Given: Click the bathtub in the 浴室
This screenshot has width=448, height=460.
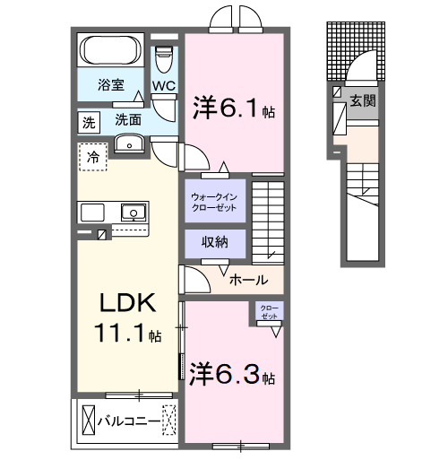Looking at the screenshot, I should coord(112,51).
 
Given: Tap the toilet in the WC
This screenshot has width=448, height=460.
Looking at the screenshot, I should coord(162,60).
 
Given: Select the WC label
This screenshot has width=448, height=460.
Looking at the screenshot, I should coord(163,86).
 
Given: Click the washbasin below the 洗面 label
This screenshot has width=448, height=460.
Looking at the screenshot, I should coord(132,143).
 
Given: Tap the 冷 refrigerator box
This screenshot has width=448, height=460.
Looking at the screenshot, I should coord(92,158).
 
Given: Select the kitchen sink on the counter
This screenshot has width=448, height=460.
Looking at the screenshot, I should coord(133,213).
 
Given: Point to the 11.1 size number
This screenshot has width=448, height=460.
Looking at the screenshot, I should coord(126,334).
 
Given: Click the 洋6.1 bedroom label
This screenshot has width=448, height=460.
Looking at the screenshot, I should coord(231,108).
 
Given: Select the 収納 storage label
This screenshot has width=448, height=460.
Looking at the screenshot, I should coord(213,243).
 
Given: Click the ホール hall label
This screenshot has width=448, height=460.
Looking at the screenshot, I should coord(247,280).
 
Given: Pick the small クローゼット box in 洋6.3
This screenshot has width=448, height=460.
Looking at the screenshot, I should coord(269,311).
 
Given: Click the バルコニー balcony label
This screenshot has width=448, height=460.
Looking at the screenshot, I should coord(128,421).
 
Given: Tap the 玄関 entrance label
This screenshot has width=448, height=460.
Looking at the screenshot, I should coord(363,101).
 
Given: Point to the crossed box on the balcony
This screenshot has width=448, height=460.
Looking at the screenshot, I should coord(88,420).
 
